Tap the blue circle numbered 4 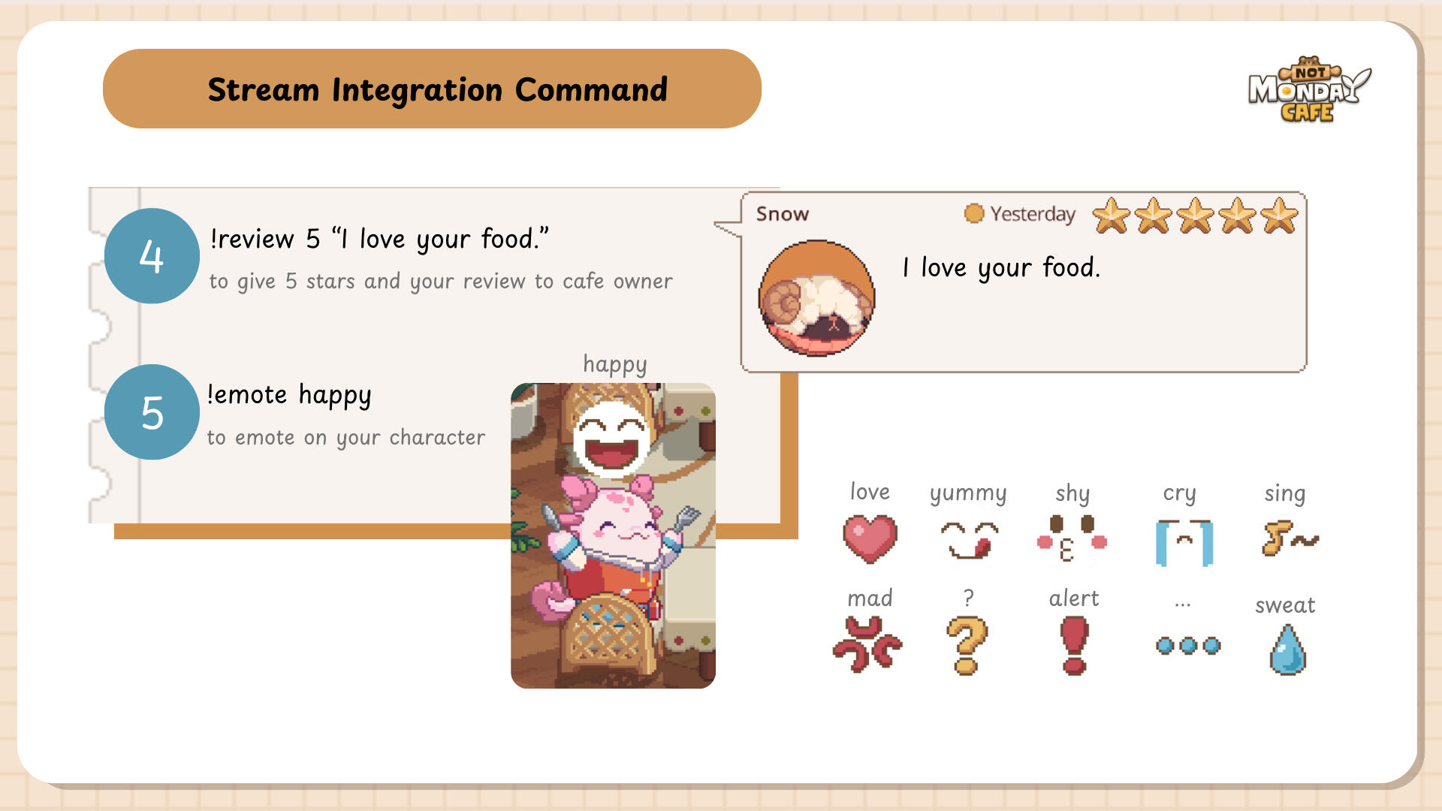point(152,256)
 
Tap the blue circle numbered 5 point(152,412)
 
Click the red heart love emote point(870,538)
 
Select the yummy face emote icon point(969,540)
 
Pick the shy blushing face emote point(1072,538)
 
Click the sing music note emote point(1288,538)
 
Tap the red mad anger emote point(867,644)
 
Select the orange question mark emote point(967,645)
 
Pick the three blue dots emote point(1188,646)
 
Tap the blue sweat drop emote point(1287,650)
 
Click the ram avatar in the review point(816,298)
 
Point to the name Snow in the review point(782,214)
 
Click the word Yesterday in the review point(1033,214)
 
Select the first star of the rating point(1111,216)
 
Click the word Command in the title point(591,90)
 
